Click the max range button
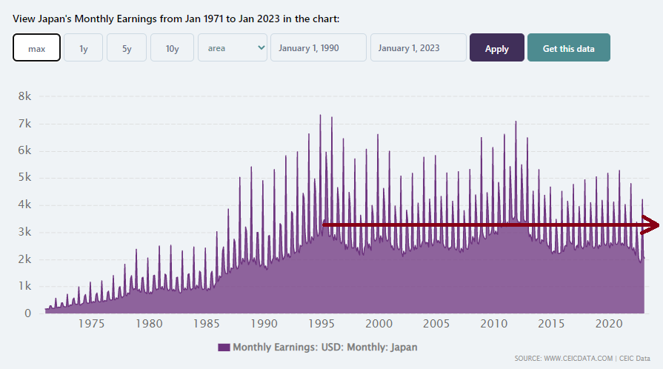tap(36, 48)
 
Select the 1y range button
tap(83, 48)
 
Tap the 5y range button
tap(127, 48)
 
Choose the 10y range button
tap(172, 48)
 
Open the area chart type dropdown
tap(233, 48)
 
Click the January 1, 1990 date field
tap(319, 48)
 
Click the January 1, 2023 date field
tap(419, 48)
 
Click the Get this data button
tap(568, 48)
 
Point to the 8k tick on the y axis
tap(24, 96)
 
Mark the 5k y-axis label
tap(24, 177)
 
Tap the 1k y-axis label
tap(24, 286)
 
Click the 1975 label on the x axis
tap(91, 324)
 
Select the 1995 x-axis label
tap(321, 324)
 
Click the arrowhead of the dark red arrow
tap(652, 224)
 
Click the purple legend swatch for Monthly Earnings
tap(224, 347)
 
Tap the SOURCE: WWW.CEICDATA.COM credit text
tap(563, 359)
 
